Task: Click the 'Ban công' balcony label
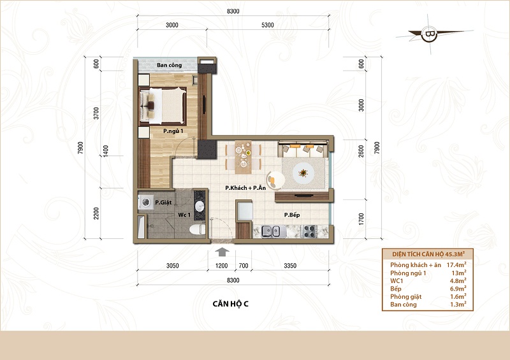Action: [169, 65]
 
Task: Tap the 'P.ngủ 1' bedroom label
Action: [173, 131]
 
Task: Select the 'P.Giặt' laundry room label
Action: [163, 202]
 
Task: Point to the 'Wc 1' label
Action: [184, 215]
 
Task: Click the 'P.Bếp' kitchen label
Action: [292, 215]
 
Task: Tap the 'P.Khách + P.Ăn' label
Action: [245, 187]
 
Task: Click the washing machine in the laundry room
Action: [145, 203]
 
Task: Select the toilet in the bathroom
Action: [197, 229]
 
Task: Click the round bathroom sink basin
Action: [200, 206]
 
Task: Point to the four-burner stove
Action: [310, 231]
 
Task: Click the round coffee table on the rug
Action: [303, 173]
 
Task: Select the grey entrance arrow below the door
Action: [222, 252]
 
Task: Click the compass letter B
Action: [429, 34]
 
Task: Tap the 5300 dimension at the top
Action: [267, 25]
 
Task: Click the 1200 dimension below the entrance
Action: [221, 266]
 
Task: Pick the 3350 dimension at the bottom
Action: [290, 266]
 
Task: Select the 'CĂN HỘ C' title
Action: [230, 304]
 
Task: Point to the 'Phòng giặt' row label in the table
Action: [405, 296]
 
